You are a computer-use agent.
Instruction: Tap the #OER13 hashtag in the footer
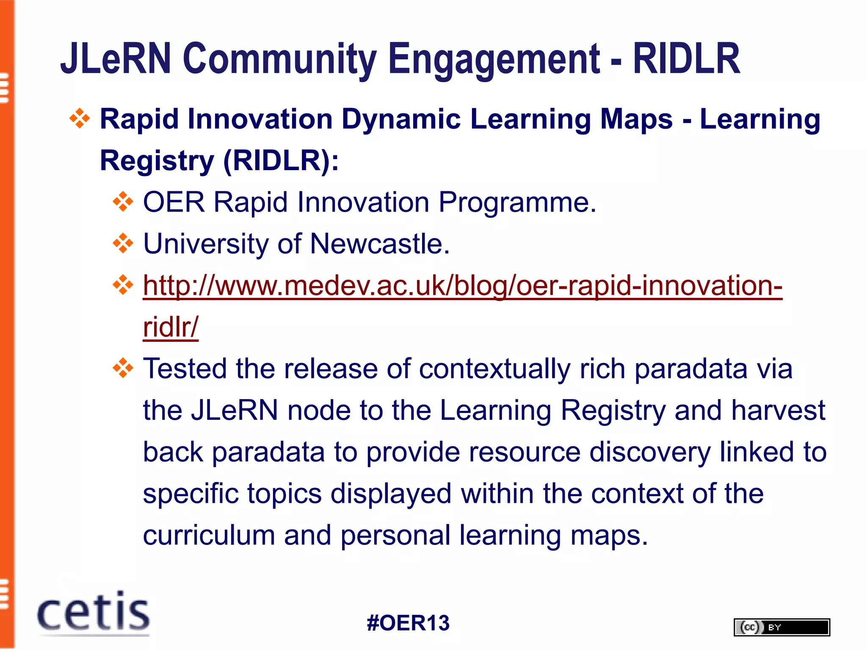[x=408, y=623]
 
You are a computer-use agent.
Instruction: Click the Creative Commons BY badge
[x=781, y=627]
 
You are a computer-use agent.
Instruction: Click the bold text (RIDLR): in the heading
[x=281, y=161]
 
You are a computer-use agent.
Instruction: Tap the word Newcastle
[x=380, y=244]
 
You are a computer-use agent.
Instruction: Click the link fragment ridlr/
[x=170, y=327]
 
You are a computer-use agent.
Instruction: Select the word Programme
[x=517, y=202]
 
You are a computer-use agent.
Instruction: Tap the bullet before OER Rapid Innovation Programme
[x=123, y=202]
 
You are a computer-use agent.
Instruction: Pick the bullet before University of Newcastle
[x=123, y=244]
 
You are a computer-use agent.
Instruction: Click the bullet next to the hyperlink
[x=123, y=285]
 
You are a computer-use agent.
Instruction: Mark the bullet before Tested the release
[x=123, y=368]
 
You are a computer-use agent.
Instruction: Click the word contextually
[x=494, y=369]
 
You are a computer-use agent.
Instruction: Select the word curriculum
[x=209, y=535]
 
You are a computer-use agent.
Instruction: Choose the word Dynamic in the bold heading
[x=401, y=119]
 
